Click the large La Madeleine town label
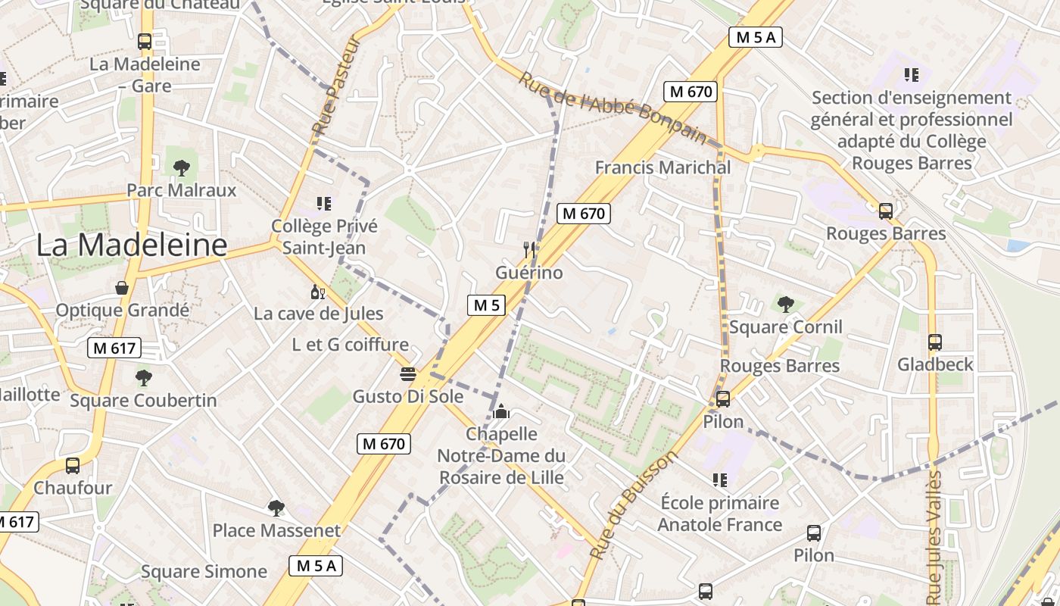pos(132,245)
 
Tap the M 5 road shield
pos(485,305)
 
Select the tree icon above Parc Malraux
pos(181,167)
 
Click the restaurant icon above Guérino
pos(529,249)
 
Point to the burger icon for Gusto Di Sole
pos(408,373)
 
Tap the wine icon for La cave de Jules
pos(318,292)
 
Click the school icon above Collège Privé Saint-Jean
pos(324,204)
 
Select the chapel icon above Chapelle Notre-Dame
pos(500,411)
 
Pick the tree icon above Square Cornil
pos(785,305)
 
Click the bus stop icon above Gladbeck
pos(934,342)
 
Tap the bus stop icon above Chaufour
pos(73,466)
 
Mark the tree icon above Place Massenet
pos(276,508)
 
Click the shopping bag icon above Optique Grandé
pos(121,288)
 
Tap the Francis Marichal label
pos(662,167)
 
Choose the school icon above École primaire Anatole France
pos(719,480)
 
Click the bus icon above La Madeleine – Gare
pos(145,42)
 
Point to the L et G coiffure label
pos(350,345)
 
